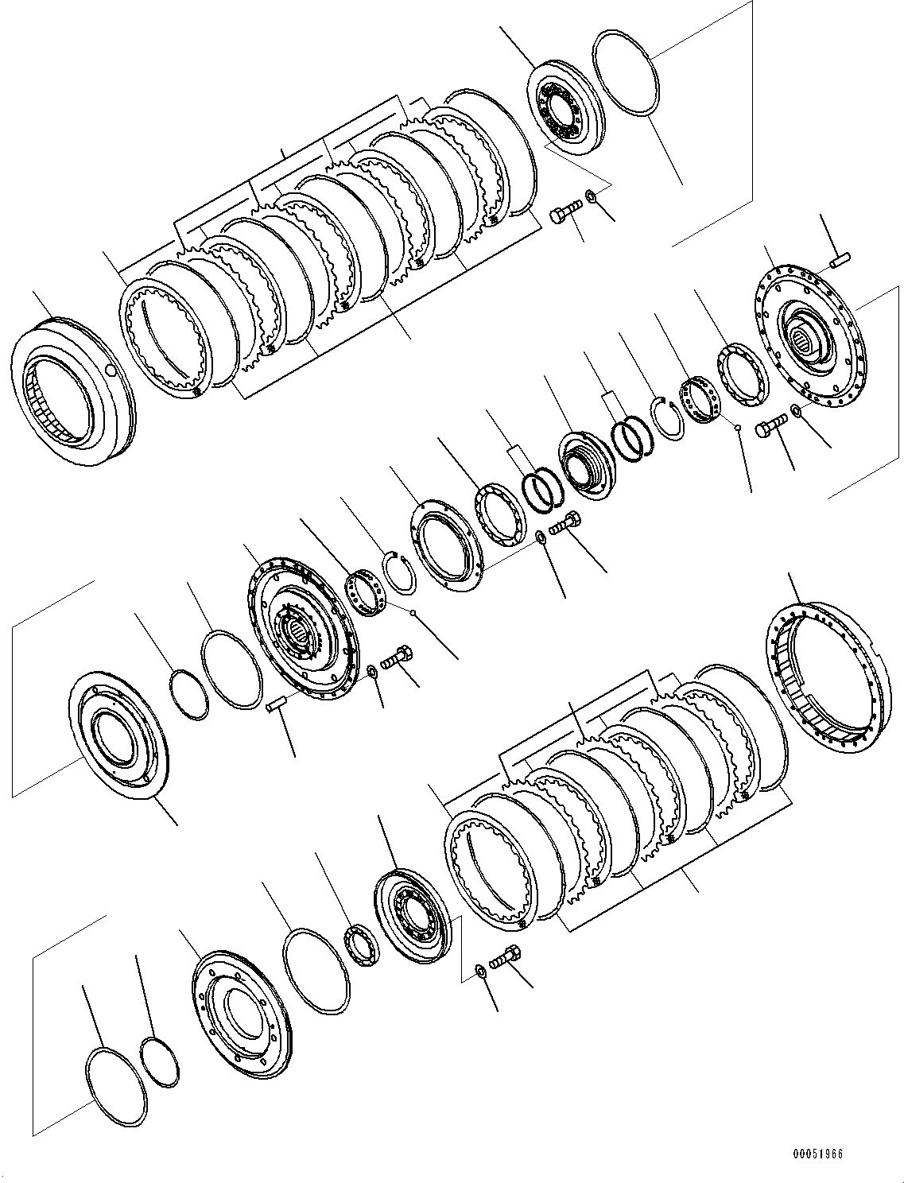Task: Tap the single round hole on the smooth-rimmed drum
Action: pyautogui.click(x=110, y=370)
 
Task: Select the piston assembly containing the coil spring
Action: pyautogui.click(x=584, y=465)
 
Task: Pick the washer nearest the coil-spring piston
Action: pyautogui.click(x=541, y=537)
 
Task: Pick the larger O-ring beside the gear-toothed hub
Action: pyautogui.click(x=231, y=668)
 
